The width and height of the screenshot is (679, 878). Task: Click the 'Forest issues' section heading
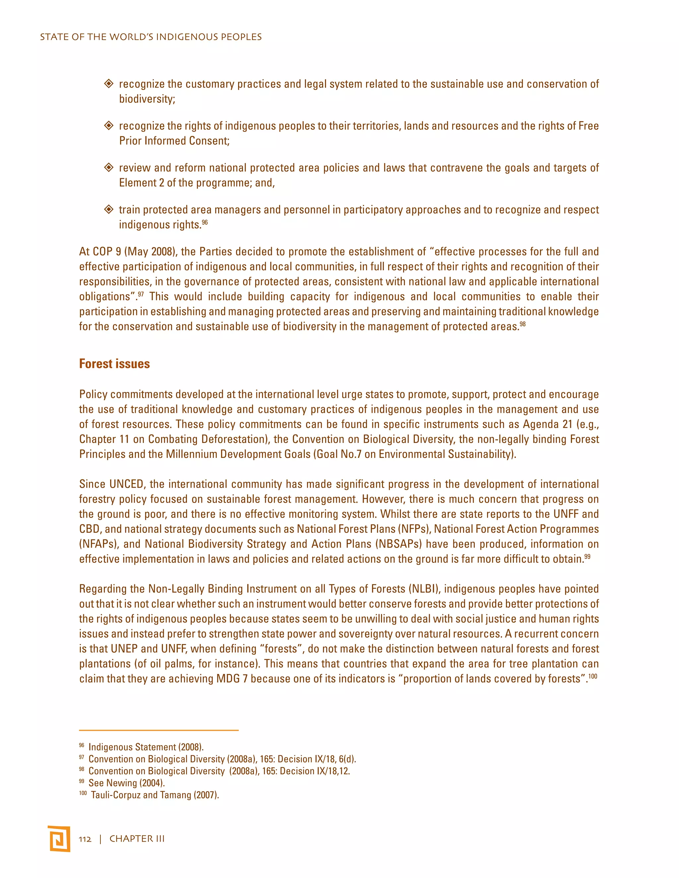click(x=114, y=364)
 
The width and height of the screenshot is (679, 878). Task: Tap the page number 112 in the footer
click(x=85, y=839)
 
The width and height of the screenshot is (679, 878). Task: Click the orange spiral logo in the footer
click(x=59, y=839)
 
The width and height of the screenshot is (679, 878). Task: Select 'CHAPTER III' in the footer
click(x=137, y=839)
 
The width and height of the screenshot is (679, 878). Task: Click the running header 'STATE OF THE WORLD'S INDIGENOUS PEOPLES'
click(x=151, y=37)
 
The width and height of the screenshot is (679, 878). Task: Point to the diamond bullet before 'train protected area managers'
click(x=109, y=209)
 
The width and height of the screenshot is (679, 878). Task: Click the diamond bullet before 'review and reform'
click(x=109, y=167)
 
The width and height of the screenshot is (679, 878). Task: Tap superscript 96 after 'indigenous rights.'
click(x=205, y=222)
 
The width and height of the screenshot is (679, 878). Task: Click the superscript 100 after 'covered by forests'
click(x=592, y=676)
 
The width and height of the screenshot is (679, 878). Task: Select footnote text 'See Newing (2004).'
click(x=127, y=783)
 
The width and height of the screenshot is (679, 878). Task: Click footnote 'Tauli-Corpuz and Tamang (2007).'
click(x=155, y=795)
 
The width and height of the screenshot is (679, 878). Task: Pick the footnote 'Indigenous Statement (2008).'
click(x=146, y=747)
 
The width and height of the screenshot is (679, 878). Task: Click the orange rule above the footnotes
click(x=159, y=730)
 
